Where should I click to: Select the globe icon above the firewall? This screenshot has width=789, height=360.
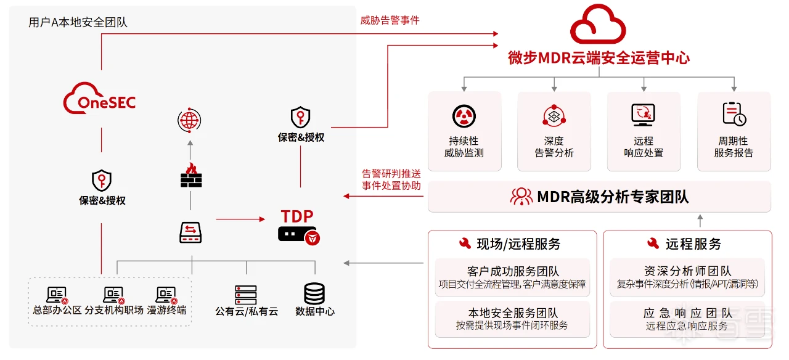tap(189, 120)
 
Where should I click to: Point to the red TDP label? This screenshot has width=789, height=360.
tap(297, 216)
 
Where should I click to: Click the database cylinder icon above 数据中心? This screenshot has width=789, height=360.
tap(314, 293)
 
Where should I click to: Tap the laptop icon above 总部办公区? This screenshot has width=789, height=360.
tap(57, 295)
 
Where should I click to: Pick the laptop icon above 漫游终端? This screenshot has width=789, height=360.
tap(166, 295)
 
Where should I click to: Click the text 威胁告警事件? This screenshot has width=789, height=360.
tap(390, 20)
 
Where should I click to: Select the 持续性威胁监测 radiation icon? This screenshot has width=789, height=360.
tap(464, 115)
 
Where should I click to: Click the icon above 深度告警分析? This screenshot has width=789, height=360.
tap(554, 115)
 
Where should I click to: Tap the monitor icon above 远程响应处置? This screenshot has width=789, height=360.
tap(643, 115)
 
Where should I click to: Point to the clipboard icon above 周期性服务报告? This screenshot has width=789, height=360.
tap(734, 114)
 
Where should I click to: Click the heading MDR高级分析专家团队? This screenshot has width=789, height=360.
tap(613, 197)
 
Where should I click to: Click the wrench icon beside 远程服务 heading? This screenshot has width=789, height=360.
tap(653, 244)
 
